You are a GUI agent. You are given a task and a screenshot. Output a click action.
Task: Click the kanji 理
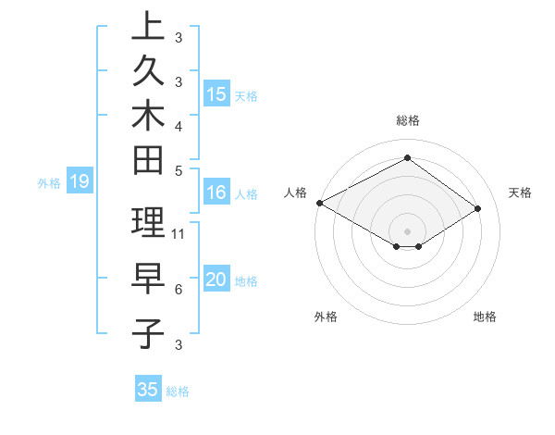pos(148,222)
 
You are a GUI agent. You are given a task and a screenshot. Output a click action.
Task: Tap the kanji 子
pos(148,333)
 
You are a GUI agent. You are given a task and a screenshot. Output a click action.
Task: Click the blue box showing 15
pos(216,93)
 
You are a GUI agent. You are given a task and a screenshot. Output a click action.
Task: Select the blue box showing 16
pos(216,193)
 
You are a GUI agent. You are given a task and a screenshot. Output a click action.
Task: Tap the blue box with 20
pos(216,280)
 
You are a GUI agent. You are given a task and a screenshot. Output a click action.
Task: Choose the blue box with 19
pos(79,181)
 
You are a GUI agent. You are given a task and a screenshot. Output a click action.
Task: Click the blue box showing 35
pos(148,390)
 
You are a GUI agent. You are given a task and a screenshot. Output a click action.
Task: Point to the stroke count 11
pos(179,233)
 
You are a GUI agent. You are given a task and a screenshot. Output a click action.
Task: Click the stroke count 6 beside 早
pos(178,290)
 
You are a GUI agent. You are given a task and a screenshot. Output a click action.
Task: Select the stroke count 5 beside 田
pos(178,170)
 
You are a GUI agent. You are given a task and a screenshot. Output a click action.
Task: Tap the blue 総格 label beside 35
pos(178,391)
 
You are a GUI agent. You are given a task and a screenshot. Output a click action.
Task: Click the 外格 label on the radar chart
pos(326,317)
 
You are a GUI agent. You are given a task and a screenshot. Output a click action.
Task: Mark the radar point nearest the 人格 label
pos(319,203)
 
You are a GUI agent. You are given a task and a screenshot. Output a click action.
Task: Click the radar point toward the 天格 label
pos(478,208)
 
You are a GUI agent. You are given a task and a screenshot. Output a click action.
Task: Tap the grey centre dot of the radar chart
pos(407,230)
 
